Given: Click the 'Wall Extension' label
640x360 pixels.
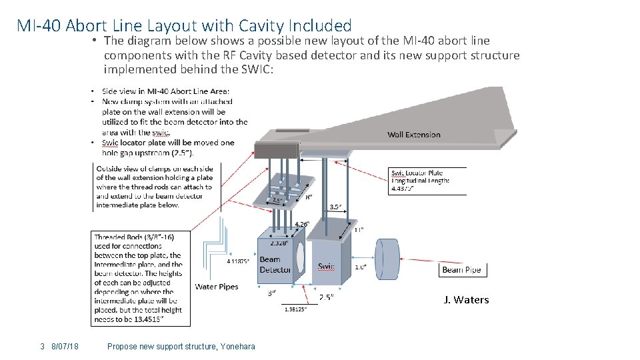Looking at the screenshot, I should (x=413, y=135).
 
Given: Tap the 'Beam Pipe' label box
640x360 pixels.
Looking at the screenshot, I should (x=461, y=269).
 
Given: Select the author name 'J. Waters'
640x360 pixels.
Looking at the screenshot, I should (x=466, y=300).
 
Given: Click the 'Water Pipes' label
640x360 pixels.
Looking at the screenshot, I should (x=216, y=287).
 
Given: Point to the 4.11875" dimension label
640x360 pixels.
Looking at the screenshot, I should (x=239, y=261).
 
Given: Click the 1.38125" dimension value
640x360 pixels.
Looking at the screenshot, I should (x=295, y=309).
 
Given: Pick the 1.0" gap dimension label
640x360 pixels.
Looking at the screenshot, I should (x=360, y=267).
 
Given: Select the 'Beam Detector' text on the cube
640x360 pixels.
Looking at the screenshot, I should (x=275, y=264).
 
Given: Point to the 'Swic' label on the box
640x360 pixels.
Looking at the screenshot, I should (x=326, y=266).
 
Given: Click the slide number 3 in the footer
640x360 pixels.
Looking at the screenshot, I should (x=42, y=346).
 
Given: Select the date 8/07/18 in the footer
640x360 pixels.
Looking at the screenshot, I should (x=65, y=346).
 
